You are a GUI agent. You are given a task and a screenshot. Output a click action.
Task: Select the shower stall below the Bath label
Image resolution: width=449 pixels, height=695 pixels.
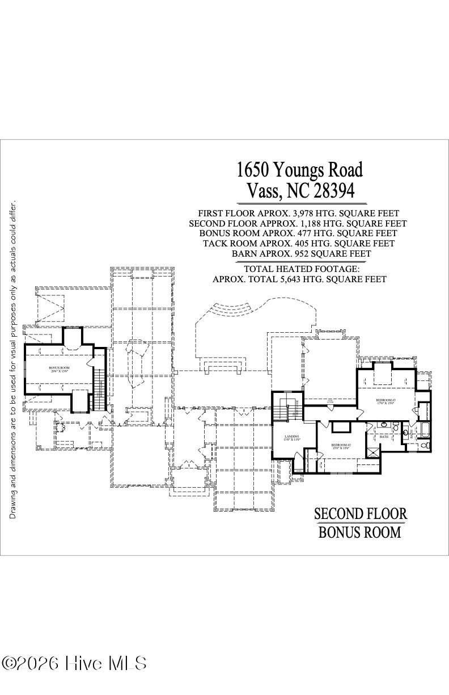pyautogui.click(x=373, y=453)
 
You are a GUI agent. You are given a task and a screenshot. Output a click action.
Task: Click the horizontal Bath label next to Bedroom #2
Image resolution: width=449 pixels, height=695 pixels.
pyautogui.click(x=384, y=437)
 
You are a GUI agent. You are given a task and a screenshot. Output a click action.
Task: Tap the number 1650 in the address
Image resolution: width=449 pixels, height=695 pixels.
pyautogui.click(x=252, y=169)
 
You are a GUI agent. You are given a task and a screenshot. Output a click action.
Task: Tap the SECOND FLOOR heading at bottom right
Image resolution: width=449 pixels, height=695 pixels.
pyautogui.click(x=361, y=514)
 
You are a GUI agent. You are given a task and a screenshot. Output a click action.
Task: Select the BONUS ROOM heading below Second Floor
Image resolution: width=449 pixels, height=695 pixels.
pyautogui.click(x=359, y=533)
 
